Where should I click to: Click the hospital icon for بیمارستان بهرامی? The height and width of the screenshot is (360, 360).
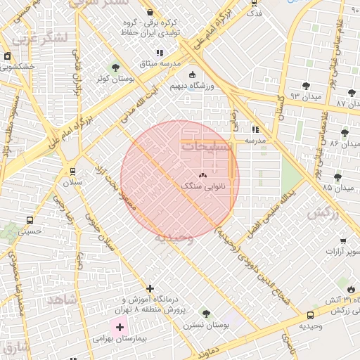point(120,327)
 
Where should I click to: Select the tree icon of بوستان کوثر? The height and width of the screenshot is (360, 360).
point(115,68)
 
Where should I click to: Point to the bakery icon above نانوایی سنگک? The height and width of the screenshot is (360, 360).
point(202,176)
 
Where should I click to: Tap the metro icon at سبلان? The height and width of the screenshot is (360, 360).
point(72,171)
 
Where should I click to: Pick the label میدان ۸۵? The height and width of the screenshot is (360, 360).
point(337,188)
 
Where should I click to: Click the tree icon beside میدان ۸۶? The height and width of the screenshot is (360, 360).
point(345,132)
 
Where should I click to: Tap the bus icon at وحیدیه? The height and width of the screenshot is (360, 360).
point(311,315)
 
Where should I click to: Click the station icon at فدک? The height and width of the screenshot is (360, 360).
point(255,3)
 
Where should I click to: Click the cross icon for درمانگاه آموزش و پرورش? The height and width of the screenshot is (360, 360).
point(150,288)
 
